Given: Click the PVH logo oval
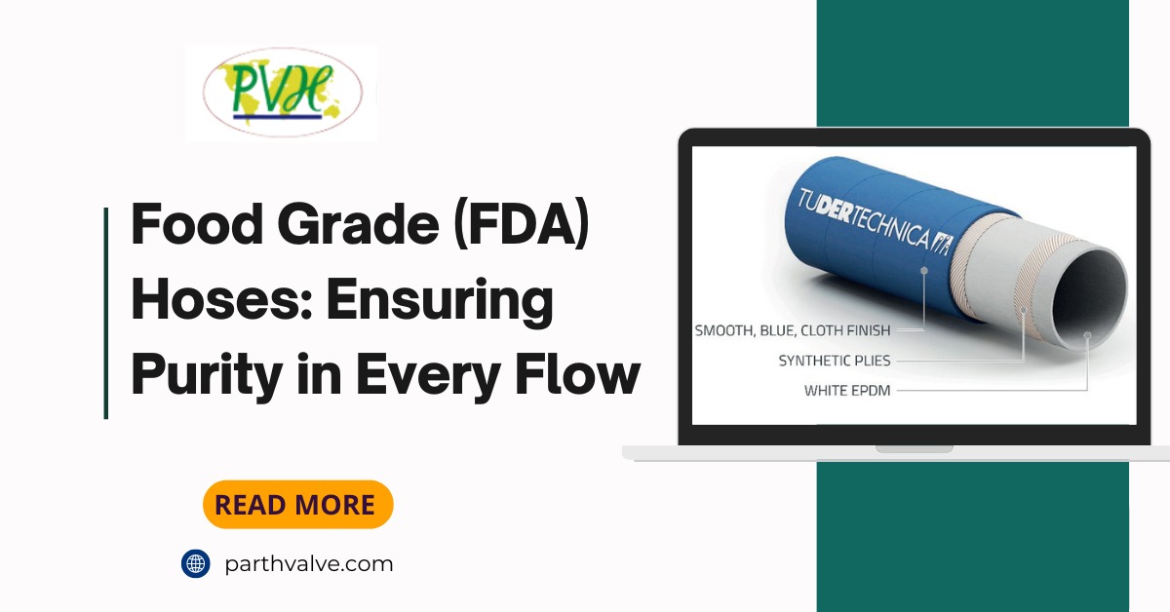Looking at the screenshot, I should click(282, 93).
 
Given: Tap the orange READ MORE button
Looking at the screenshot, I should click(297, 505).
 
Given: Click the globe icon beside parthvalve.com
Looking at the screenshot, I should click(196, 563).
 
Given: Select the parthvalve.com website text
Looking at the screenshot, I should click(308, 563).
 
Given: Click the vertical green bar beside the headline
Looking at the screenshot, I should click(105, 313).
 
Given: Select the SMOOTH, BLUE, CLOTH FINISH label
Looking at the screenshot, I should click(792, 330).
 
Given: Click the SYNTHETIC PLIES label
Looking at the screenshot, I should click(834, 361).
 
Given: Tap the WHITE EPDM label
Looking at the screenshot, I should click(847, 391).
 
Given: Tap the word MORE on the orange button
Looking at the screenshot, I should click(334, 505).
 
